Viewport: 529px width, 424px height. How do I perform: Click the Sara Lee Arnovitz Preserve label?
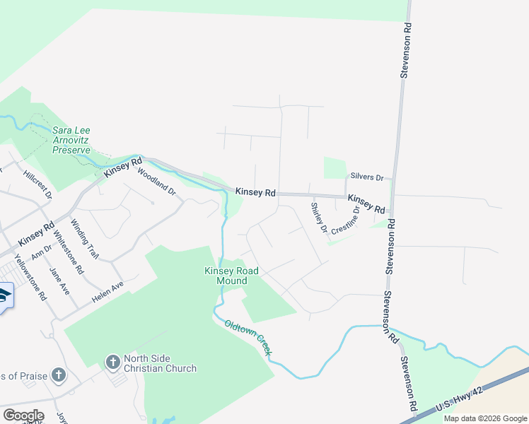(x=71, y=140)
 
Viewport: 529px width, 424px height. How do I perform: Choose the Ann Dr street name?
(x=42, y=252)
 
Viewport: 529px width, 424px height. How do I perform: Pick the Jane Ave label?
(x=59, y=281)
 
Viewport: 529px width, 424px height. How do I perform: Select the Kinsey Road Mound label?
(x=231, y=276)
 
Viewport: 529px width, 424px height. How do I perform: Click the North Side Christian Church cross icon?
(x=112, y=363)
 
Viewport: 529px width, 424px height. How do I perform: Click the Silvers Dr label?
(x=366, y=177)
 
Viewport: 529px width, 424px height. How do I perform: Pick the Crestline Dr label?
(x=348, y=220)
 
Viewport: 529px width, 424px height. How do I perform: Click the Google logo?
(x=23, y=416)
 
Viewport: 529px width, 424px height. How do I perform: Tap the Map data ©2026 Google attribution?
(x=484, y=418)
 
